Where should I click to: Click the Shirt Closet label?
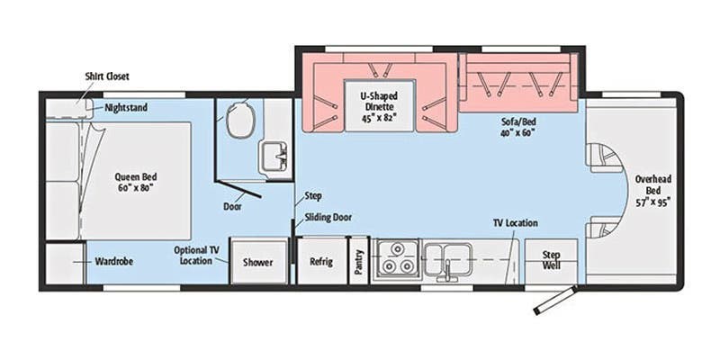point(106,76)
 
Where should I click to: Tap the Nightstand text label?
point(126,108)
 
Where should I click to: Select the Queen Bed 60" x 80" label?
point(136,183)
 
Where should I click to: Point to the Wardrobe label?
point(114,262)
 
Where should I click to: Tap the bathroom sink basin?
point(272,156)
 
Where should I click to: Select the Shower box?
point(258,262)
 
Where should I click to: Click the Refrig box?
point(321,262)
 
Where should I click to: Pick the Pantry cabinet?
point(358,262)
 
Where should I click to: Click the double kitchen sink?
point(447,257)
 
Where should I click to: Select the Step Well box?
point(552,261)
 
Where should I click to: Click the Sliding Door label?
point(328,217)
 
